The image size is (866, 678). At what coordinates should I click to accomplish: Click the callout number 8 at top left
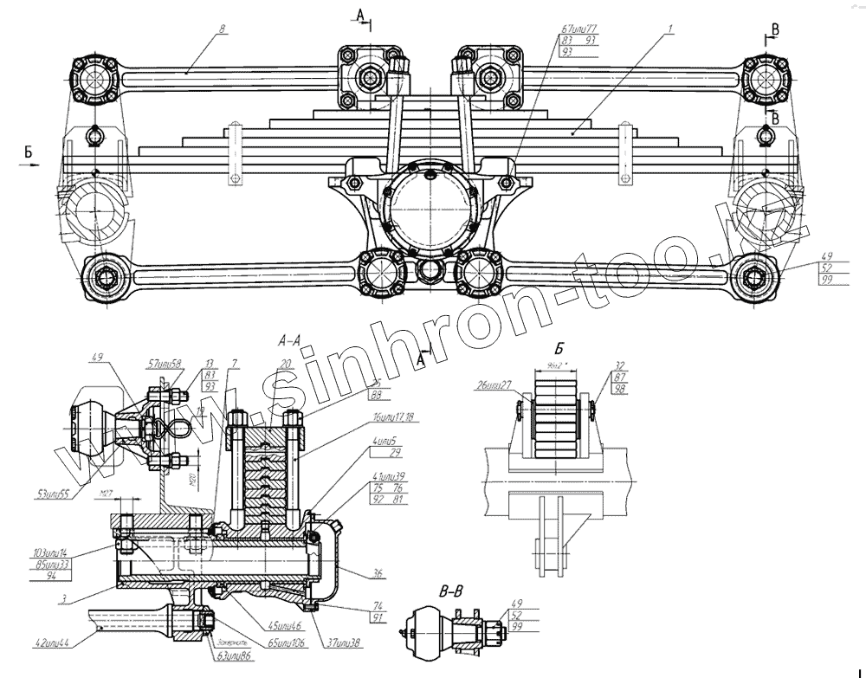coord(223,29)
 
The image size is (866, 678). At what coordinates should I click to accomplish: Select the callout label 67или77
coord(579,29)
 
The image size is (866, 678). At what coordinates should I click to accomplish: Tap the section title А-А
coord(290,339)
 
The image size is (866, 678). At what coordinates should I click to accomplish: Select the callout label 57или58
coord(165,364)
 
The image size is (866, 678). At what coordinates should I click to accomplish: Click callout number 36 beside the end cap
coord(378,572)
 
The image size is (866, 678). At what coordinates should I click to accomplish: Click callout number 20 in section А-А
coord(286,364)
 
